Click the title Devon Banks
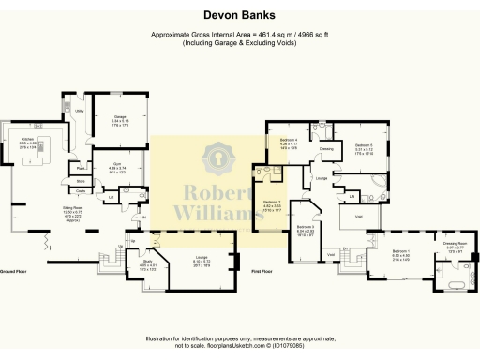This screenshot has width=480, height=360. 239,15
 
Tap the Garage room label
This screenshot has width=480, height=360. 121,117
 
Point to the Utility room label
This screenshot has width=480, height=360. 80,111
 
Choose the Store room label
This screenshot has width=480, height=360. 82,181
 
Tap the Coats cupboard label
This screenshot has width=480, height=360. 82,191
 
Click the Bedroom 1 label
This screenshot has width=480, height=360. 400,252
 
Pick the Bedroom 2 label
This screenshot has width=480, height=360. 272,202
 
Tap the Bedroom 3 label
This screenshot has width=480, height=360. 305,227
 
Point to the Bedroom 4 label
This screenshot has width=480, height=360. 288,139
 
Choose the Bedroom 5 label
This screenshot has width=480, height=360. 364,145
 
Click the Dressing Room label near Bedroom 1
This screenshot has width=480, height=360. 456,244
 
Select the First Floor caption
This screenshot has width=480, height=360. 262,270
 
